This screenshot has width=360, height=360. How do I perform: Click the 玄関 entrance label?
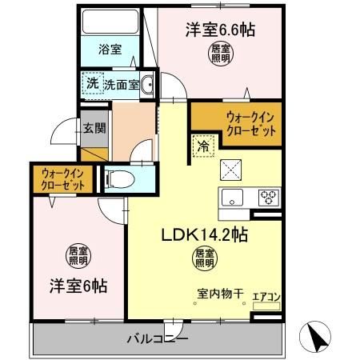click(93, 126)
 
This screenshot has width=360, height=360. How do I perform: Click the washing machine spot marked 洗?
click(93, 83)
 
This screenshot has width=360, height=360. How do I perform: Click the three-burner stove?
click(268, 197)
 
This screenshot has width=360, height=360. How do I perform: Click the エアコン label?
click(265, 298)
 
